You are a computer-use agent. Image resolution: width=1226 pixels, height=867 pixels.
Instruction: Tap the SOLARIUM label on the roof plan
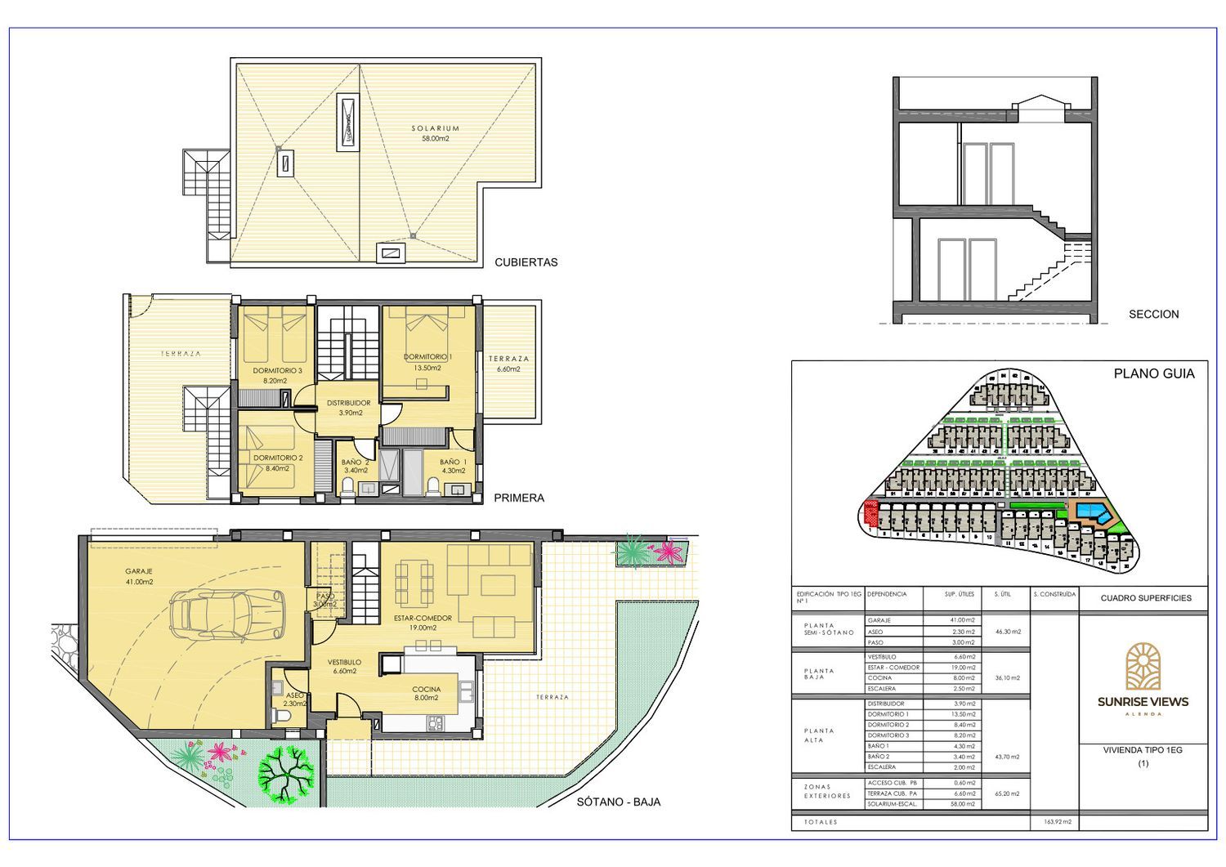point(435,129)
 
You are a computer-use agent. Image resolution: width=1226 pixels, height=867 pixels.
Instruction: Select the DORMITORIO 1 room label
point(427,357)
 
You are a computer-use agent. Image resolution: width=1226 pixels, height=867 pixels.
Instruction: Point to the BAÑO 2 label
point(356,463)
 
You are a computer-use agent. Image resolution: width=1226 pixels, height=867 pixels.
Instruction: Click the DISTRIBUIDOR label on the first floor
point(348,403)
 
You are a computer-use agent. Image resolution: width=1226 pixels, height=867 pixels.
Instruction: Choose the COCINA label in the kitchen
point(426,689)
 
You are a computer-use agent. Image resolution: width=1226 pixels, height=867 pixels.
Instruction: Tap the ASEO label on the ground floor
point(294,695)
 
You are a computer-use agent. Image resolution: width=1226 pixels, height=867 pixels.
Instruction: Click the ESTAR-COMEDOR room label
point(423,619)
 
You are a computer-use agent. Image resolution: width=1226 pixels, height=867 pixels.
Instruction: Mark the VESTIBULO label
point(344,662)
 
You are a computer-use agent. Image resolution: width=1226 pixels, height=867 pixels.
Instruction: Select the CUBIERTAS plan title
point(526,262)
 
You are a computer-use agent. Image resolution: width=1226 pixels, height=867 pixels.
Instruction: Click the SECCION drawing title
point(1153,314)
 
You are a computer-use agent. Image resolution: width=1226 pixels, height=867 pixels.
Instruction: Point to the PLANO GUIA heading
point(1153,373)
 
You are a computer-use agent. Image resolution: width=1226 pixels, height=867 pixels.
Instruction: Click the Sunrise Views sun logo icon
point(1143,666)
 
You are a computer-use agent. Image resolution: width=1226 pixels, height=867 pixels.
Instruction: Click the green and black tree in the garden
point(286,773)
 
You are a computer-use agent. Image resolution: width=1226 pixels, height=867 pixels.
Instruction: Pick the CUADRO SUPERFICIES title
point(1145,598)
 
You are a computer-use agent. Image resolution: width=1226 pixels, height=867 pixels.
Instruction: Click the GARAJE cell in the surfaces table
point(879,620)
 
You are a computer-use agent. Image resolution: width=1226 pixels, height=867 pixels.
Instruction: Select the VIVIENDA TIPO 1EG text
point(1143,749)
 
